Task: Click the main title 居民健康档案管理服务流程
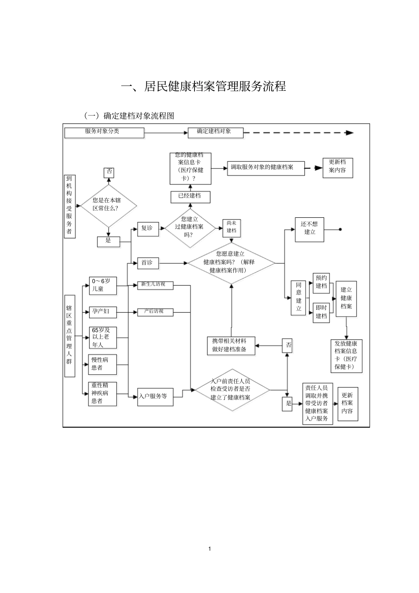[203, 86]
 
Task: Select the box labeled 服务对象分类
[104, 132]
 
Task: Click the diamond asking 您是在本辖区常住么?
[108, 205]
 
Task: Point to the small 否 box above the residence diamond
[109, 172]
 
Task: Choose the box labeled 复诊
[148, 229]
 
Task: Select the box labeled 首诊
[148, 263]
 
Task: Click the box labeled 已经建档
[191, 197]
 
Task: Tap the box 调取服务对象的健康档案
[266, 168]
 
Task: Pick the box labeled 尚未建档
[232, 228]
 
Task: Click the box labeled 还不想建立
[309, 229]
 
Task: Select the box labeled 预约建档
[321, 283]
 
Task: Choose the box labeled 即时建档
[321, 312]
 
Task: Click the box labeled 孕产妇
[103, 312]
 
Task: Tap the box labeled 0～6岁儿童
[103, 286]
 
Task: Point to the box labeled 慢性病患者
[103, 364]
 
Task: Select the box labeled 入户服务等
[155, 396]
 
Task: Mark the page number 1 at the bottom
[209, 549]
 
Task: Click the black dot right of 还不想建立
[340, 229]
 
